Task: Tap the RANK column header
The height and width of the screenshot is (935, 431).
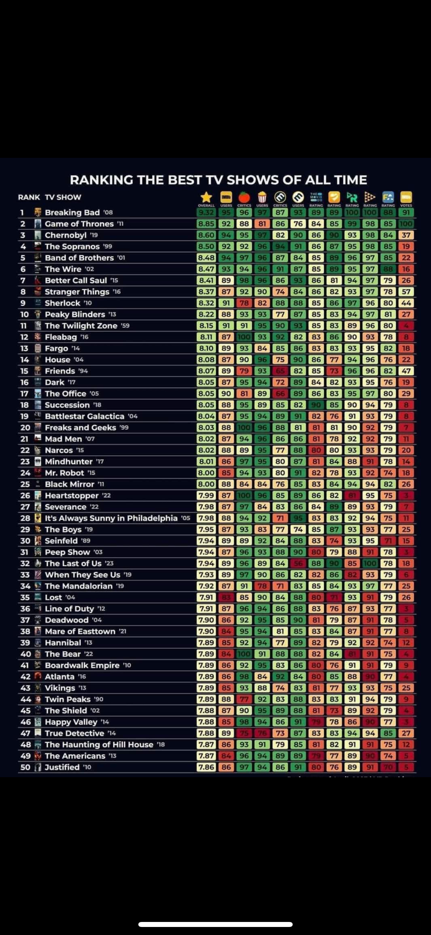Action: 29,197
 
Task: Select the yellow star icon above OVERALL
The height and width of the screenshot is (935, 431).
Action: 206,197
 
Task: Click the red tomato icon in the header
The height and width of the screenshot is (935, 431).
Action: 244,197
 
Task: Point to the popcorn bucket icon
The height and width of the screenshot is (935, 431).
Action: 262,197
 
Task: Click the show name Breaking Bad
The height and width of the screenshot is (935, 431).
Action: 72,212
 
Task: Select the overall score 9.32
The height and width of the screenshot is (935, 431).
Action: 206,212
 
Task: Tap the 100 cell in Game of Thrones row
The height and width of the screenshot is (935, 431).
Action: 406,224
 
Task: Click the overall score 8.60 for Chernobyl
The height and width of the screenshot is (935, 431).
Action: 206,235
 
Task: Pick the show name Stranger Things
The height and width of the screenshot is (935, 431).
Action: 77,292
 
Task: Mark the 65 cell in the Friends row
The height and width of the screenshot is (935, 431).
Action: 280,371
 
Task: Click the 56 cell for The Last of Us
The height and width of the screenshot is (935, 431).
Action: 298,563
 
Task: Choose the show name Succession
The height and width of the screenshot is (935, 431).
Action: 67,405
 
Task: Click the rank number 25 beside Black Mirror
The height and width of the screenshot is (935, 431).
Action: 25,484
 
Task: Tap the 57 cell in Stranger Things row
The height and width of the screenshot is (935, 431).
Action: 406,292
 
